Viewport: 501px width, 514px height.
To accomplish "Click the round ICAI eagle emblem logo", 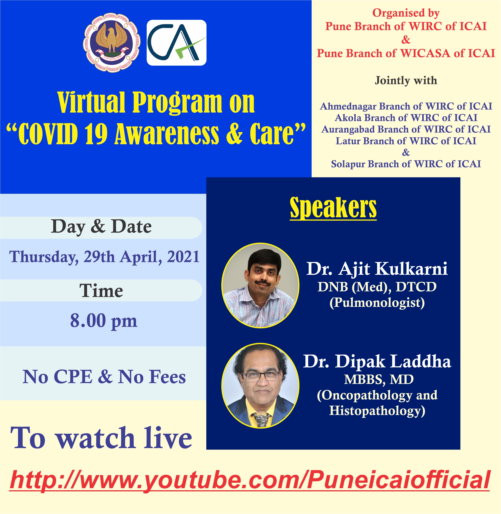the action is pyautogui.click(x=112, y=43).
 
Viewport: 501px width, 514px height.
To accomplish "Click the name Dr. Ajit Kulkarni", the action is pyautogui.click(x=377, y=268).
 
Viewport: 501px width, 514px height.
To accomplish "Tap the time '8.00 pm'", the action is pyautogui.click(x=104, y=321).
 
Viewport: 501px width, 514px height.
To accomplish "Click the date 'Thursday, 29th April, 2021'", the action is pyautogui.click(x=104, y=257).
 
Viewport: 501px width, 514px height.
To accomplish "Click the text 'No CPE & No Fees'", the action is pyautogui.click(x=104, y=377).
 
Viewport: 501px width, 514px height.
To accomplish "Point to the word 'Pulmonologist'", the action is pyautogui.click(x=377, y=303).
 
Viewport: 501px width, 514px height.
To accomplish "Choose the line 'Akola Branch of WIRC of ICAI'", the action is pyautogui.click(x=406, y=118).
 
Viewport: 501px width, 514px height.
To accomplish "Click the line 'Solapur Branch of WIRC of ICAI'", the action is pyautogui.click(x=406, y=164).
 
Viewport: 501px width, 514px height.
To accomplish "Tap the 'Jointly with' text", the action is pyautogui.click(x=406, y=80).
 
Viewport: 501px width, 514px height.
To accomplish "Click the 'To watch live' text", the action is pyautogui.click(x=101, y=438).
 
